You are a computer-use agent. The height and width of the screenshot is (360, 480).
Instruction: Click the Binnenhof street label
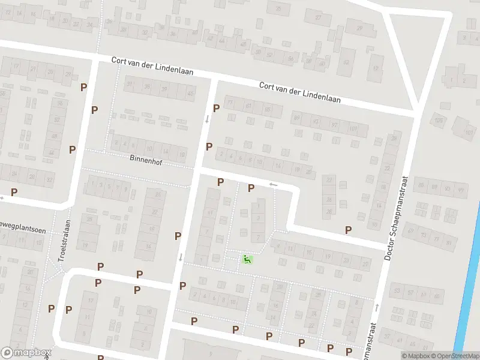click(144, 159)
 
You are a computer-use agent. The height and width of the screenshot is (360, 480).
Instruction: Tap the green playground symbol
click(247, 259)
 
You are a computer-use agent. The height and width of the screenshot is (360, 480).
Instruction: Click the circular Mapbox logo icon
click(7, 353)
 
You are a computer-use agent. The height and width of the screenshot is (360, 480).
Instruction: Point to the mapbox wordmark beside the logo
click(33, 353)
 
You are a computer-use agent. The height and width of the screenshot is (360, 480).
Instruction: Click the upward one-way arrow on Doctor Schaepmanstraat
click(377, 307)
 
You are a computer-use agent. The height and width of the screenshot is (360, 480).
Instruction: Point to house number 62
click(346, 62)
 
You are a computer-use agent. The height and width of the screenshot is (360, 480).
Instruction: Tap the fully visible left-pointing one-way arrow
click(274, 184)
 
